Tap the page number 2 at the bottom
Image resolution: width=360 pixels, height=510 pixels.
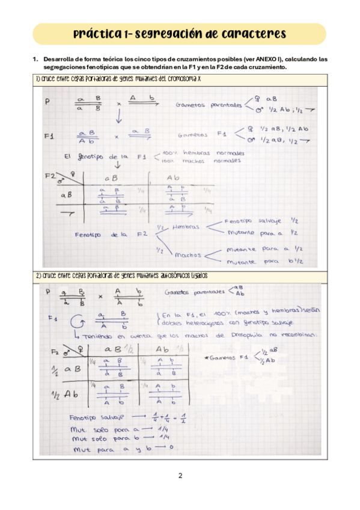coord(180,476)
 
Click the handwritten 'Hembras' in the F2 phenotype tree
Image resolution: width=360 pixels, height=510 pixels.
coord(186,227)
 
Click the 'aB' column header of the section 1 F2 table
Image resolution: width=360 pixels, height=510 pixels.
coord(111,178)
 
